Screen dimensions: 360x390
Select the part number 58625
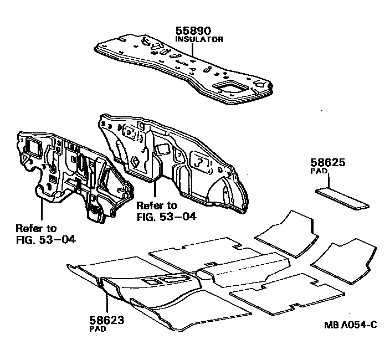pos(327,163)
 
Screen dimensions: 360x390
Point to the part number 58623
pos(106,320)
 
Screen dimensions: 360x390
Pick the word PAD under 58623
pos(97,328)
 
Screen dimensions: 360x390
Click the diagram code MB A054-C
pos(351,324)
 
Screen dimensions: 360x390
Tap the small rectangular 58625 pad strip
pos(342,198)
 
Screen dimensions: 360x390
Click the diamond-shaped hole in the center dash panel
pos(135,162)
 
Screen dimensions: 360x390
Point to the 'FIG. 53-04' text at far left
pos(46,240)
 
